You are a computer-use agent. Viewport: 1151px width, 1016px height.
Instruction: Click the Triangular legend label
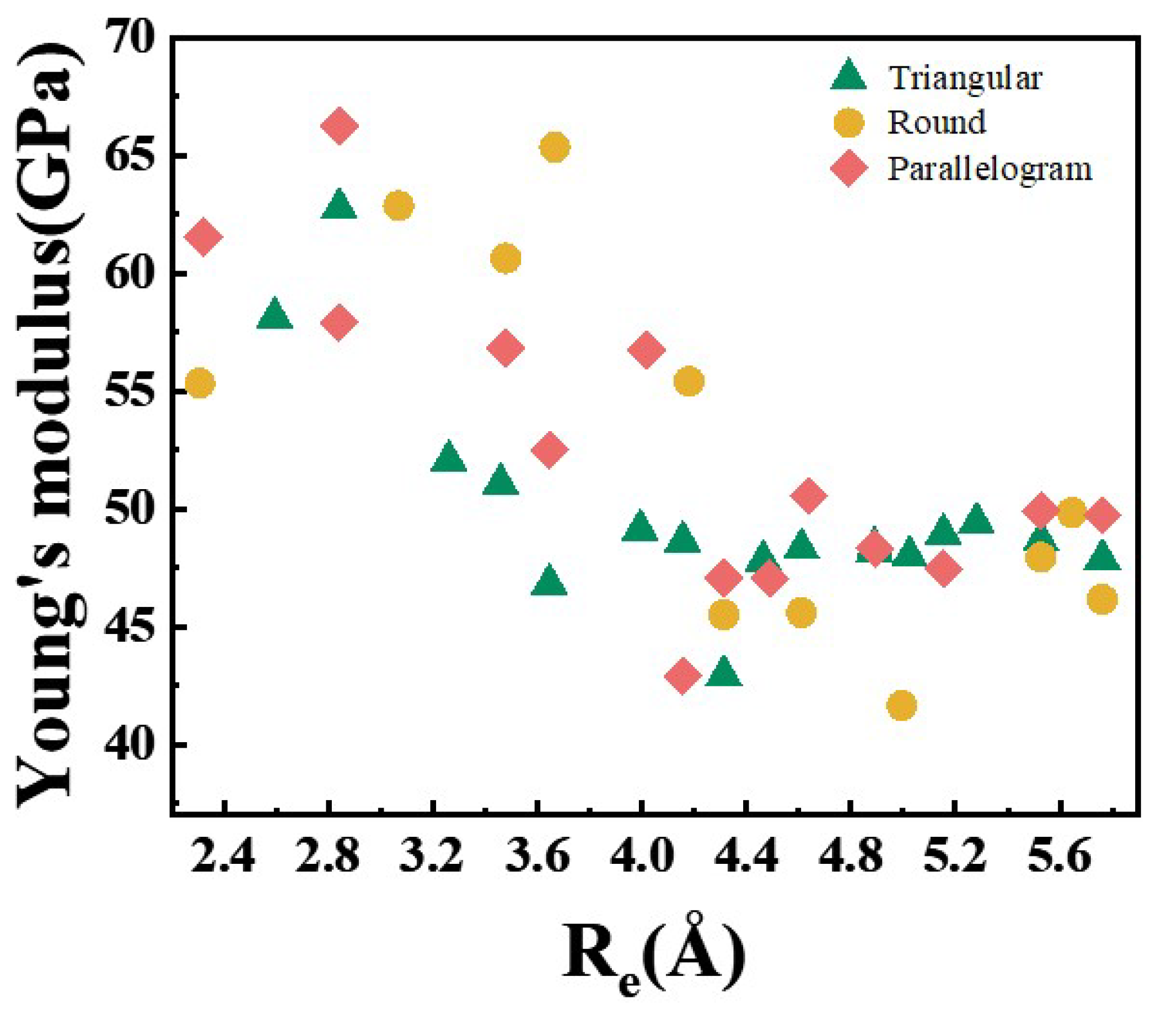click(965, 78)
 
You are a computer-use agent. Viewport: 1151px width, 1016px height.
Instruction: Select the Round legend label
click(936, 122)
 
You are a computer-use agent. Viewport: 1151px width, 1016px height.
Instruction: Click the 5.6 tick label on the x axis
click(1058, 857)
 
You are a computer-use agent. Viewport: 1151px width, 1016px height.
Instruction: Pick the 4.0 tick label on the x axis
click(641, 857)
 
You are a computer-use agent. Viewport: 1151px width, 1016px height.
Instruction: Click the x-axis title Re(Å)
click(654, 958)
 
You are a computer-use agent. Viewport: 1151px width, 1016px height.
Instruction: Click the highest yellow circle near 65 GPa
click(554, 148)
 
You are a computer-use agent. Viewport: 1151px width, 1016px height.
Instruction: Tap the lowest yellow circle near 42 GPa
click(901, 705)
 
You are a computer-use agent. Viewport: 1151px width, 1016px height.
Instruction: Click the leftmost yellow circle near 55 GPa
click(199, 384)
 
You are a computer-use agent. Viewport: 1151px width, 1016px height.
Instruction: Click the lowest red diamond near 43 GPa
click(683, 675)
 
